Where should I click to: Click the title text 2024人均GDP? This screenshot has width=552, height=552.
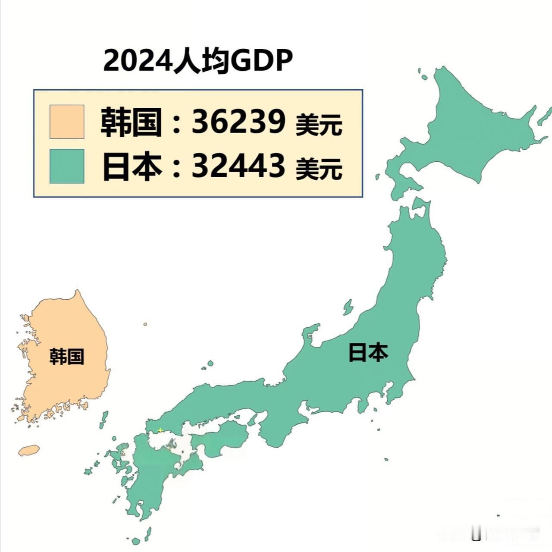(x=198, y=61)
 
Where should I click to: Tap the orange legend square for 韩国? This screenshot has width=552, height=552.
(x=67, y=122)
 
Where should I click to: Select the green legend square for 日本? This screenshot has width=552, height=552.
(x=67, y=166)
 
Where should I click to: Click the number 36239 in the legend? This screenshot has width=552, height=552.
(x=238, y=122)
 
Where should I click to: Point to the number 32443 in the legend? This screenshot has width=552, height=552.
(x=238, y=166)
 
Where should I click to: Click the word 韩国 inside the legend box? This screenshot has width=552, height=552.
(x=131, y=122)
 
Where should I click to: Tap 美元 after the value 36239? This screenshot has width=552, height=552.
(x=319, y=125)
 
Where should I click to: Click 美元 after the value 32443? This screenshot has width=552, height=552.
(x=319, y=169)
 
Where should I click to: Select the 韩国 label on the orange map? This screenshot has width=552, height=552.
(x=67, y=357)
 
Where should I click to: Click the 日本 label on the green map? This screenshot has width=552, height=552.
(x=368, y=352)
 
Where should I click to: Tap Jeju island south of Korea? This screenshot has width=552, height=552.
(x=29, y=450)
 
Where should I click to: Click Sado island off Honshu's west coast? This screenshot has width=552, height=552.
(x=348, y=307)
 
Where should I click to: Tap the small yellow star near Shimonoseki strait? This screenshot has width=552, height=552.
(x=160, y=430)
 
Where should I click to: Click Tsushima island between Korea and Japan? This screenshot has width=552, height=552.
(x=104, y=420)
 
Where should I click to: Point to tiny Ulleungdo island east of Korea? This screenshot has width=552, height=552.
(x=145, y=324)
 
